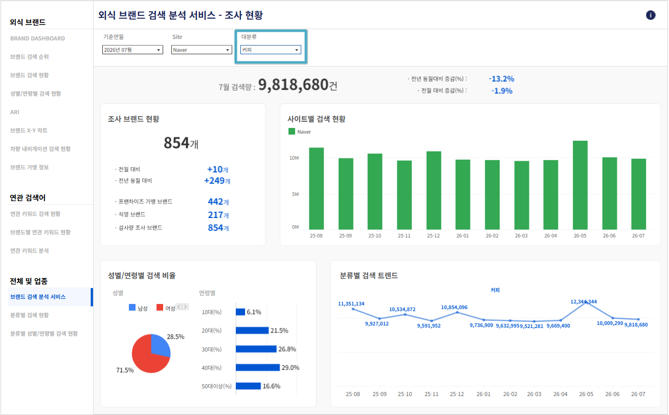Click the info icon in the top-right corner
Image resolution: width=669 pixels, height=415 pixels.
pyautogui.click(x=651, y=15)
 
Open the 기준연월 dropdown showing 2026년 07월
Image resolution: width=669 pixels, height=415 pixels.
pyautogui.click(x=132, y=50)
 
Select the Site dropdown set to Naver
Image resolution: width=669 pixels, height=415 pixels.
pyautogui.click(x=202, y=50)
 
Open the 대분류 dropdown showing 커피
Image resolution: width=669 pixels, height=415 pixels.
pyautogui.click(x=271, y=50)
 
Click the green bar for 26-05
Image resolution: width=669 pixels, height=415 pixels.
pyautogui.click(x=580, y=185)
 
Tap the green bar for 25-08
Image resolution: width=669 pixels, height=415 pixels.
pyautogui.click(x=316, y=188)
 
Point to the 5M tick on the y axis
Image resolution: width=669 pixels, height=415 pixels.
pyautogui.click(x=295, y=194)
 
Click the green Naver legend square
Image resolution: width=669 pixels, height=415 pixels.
pyautogui.click(x=292, y=132)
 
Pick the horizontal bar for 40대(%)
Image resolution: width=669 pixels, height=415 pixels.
pyautogui.click(x=258, y=367)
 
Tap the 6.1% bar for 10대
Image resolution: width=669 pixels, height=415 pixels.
pyautogui.click(x=240, y=312)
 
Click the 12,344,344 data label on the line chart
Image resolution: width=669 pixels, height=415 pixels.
pyautogui.click(x=584, y=301)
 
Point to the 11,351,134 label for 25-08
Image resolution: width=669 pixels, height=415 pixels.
pyautogui.click(x=351, y=303)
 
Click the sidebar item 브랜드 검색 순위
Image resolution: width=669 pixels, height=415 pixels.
pyautogui.click(x=30, y=57)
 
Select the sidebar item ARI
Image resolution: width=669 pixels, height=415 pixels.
pyautogui.click(x=15, y=112)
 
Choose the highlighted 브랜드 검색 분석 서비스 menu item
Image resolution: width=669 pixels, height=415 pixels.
pyautogui.click(x=38, y=297)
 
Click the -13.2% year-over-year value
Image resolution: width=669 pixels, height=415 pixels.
pyautogui.click(x=501, y=79)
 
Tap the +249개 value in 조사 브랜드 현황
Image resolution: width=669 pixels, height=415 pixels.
pyautogui.click(x=217, y=181)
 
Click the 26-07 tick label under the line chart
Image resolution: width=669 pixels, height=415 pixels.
pyautogui.click(x=638, y=394)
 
